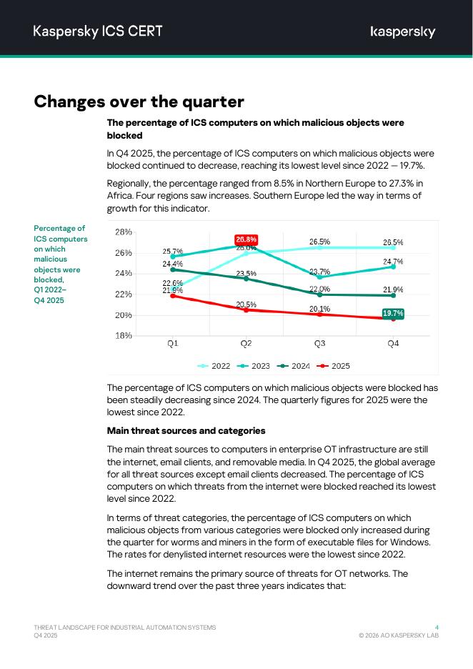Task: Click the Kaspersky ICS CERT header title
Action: click(x=98, y=31)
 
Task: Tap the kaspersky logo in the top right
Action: click(x=403, y=31)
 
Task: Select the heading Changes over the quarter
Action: click(x=139, y=101)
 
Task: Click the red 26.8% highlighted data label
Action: click(x=247, y=239)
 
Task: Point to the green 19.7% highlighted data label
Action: click(x=393, y=313)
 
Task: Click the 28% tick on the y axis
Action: click(x=124, y=232)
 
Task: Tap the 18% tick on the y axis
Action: click(x=124, y=335)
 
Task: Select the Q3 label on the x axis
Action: click(x=319, y=344)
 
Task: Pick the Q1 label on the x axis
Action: click(x=173, y=344)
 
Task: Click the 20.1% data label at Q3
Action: click(x=319, y=309)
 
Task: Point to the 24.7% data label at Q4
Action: click(x=393, y=262)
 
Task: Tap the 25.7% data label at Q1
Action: click(x=173, y=252)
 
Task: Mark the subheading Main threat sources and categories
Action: click(x=186, y=431)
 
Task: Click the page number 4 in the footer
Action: click(x=437, y=627)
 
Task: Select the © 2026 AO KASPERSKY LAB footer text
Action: click(x=399, y=635)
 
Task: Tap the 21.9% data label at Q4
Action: click(x=393, y=289)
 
